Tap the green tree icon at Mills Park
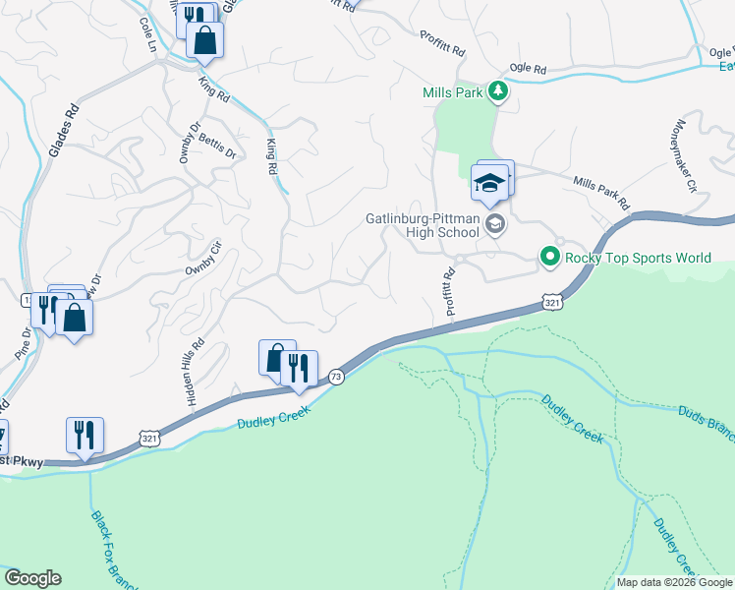click(x=498, y=91)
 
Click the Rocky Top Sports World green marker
click(x=549, y=259)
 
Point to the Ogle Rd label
click(x=528, y=69)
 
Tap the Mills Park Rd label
click(x=600, y=191)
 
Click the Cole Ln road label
click(x=148, y=35)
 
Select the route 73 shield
click(x=336, y=377)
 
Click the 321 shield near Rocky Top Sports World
click(x=553, y=304)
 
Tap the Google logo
click(x=32, y=578)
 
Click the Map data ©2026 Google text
click(x=674, y=582)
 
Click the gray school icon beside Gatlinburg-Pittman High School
click(x=495, y=225)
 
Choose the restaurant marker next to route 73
click(x=300, y=369)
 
